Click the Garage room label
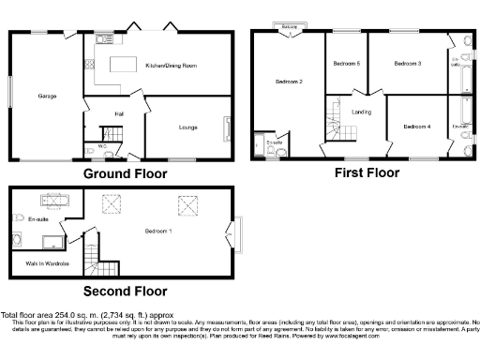[x=47, y=97]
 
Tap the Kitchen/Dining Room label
[x=170, y=66]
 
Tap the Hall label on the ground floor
[x=120, y=113]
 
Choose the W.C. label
[x=100, y=146]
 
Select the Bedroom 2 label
[x=288, y=82]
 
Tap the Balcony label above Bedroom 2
[x=289, y=27]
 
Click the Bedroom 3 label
[x=407, y=64]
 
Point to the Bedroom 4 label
[x=416, y=127]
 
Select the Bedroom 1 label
[x=157, y=230]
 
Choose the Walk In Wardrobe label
[x=44, y=265]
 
